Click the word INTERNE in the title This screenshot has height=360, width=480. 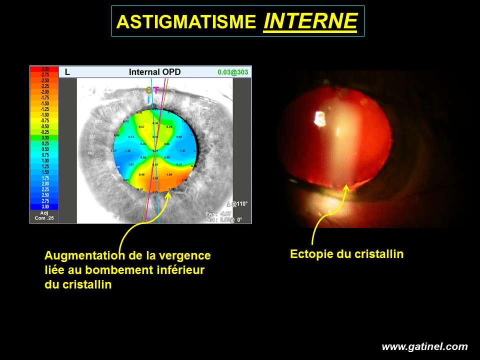310,21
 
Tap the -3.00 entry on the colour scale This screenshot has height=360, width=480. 44,68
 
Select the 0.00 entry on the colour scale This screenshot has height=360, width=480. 44,137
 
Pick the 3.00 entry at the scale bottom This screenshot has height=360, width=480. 44,206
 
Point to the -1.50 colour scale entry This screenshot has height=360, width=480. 44,103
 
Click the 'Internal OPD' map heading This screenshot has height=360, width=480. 154,72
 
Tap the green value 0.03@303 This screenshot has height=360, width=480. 233,72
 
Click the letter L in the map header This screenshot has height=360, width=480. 67,72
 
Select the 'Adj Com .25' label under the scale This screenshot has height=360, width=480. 44,216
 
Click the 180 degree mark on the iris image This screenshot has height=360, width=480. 90,153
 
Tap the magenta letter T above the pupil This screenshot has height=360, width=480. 156,90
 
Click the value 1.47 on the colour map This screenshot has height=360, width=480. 182,150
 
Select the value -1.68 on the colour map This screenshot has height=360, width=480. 169,174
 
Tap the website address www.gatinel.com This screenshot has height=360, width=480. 424,346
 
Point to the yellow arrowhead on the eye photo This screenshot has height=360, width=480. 345,189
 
